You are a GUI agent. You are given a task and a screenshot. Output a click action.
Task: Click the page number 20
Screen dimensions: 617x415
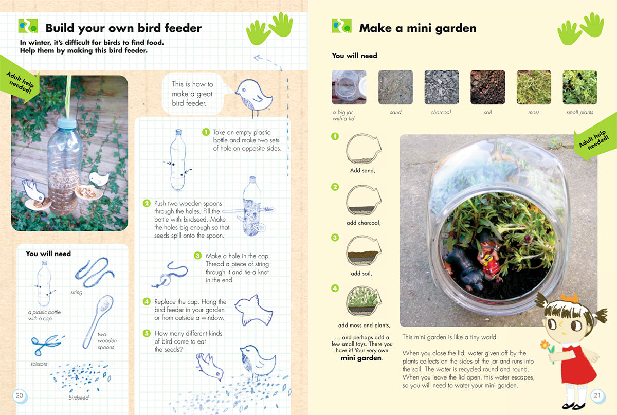[x=20, y=395]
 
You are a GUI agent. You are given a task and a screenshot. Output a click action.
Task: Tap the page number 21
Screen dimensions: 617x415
[x=597, y=395]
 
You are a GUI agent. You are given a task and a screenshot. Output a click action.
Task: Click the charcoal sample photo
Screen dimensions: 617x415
[x=442, y=87]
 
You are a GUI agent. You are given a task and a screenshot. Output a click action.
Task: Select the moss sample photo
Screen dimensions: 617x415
[x=534, y=87]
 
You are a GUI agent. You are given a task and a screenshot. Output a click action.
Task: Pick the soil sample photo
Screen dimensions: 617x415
[x=487, y=87]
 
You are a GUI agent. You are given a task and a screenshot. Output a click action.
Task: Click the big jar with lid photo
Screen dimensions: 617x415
[x=349, y=87]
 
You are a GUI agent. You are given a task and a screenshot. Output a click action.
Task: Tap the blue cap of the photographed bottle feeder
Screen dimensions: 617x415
[x=67, y=123]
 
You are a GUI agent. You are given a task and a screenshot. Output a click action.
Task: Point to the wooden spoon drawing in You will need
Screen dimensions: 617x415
[x=98, y=321]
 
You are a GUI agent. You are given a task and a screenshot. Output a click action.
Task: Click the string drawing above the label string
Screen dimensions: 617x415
[x=95, y=272]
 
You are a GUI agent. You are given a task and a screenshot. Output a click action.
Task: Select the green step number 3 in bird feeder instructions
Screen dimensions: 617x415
[x=197, y=256]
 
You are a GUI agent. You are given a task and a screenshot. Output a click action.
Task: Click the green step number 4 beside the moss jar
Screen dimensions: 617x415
[x=335, y=288]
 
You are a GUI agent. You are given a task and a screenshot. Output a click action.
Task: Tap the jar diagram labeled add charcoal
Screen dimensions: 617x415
[x=364, y=201]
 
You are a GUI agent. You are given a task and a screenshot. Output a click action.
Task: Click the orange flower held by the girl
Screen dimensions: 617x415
[x=545, y=344]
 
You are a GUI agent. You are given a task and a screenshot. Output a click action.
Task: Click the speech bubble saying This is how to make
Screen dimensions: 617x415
[x=192, y=94]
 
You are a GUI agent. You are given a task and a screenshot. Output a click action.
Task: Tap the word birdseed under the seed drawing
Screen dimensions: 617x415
[x=79, y=398]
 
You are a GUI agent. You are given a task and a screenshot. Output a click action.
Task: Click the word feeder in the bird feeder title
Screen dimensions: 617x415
[x=183, y=28]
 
